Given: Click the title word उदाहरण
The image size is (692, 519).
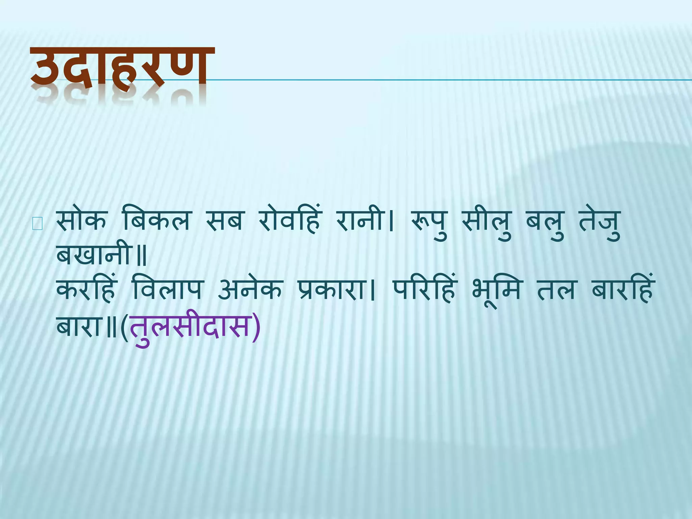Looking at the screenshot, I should pos(122,68).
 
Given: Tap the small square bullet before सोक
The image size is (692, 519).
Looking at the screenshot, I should pos(37,224).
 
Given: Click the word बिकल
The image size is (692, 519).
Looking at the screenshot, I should pos(156,221).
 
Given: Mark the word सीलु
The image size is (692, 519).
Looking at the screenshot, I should pos(487,223).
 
